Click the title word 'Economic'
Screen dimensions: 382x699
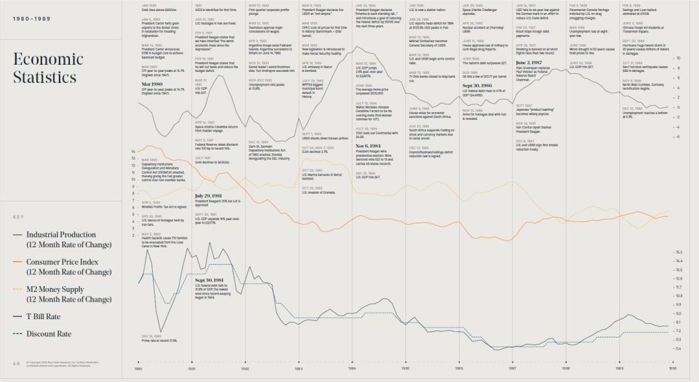point(48,60)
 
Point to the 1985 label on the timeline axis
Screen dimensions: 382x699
point(405,368)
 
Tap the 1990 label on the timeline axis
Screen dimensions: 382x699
point(672,368)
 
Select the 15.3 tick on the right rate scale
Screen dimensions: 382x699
point(679,252)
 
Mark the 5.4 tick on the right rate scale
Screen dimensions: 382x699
point(679,349)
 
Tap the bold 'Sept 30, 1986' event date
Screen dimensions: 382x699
point(476,85)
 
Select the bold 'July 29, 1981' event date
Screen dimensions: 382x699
point(209,195)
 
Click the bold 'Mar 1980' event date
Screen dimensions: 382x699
point(151,84)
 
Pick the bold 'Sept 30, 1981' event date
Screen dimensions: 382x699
point(210,280)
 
